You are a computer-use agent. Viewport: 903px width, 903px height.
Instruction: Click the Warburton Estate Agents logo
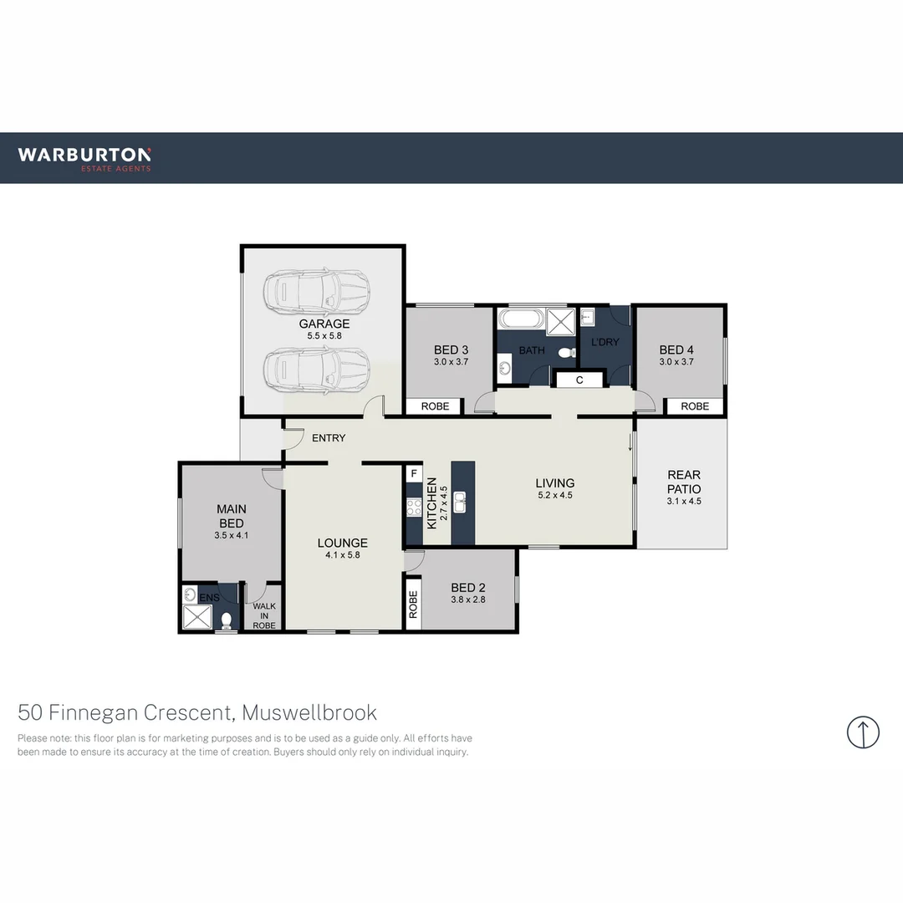click(x=84, y=157)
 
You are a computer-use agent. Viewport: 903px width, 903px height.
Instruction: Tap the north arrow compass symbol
click(x=863, y=732)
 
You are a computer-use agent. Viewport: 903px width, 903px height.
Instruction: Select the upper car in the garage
click(x=317, y=292)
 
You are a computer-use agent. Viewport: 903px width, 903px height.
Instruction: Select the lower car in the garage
click(x=317, y=368)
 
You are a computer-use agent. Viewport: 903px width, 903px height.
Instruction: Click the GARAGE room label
click(x=324, y=324)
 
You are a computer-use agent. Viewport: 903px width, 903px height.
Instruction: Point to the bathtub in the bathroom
click(x=520, y=319)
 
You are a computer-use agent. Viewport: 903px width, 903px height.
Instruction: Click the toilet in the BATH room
click(x=568, y=352)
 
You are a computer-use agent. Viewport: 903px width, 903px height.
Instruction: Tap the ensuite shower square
click(x=198, y=618)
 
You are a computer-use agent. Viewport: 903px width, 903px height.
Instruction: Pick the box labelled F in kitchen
click(x=413, y=473)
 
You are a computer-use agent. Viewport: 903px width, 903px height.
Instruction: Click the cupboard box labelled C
click(x=579, y=380)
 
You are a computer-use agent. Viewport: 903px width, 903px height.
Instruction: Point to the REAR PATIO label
click(x=683, y=482)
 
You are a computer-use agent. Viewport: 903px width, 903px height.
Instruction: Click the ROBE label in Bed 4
click(x=695, y=406)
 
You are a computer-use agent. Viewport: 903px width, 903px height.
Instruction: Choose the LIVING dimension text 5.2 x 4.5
click(x=555, y=495)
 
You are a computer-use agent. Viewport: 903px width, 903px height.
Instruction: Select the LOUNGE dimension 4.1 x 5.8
click(x=343, y=555)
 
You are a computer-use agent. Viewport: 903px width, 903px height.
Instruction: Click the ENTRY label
click(x=329, y=438)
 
